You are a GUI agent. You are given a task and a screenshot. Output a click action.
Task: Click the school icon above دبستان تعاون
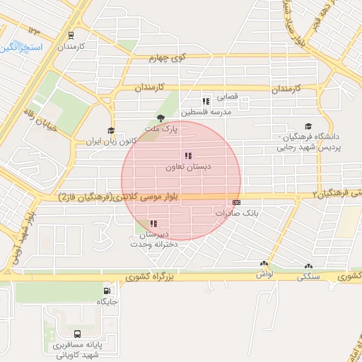[187, 156]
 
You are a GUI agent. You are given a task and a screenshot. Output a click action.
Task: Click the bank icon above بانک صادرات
[235, 202]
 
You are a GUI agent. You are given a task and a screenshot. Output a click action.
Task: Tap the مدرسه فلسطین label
[206, 112]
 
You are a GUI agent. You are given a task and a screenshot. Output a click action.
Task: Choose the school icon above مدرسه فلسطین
[206, 101]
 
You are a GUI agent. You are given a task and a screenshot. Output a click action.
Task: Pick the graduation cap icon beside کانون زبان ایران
[110, 130]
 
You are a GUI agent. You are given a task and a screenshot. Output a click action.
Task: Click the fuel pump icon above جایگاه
[107, 291]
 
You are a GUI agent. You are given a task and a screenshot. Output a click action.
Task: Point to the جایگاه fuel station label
[107, 302]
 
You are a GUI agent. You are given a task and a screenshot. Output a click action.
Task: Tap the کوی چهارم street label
[166, 59]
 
